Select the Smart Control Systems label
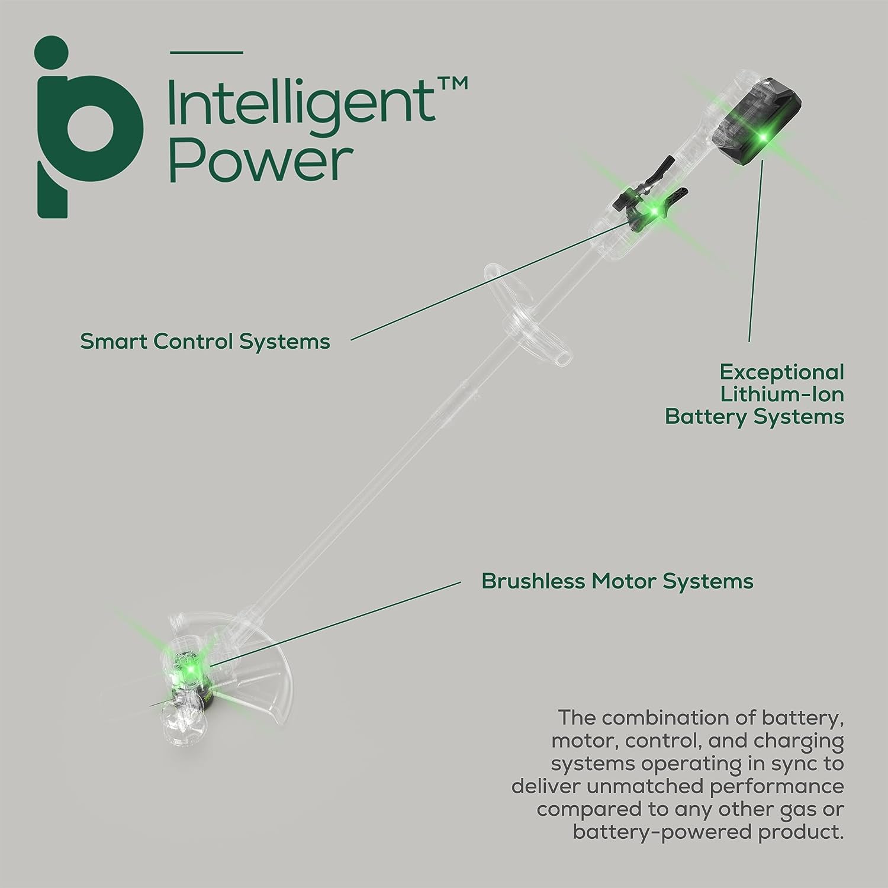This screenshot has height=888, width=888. click(205, 342)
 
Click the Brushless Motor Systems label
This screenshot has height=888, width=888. click(617, 581)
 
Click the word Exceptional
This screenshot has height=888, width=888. click(781, 372)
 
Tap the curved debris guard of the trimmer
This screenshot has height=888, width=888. click(278, 669)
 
